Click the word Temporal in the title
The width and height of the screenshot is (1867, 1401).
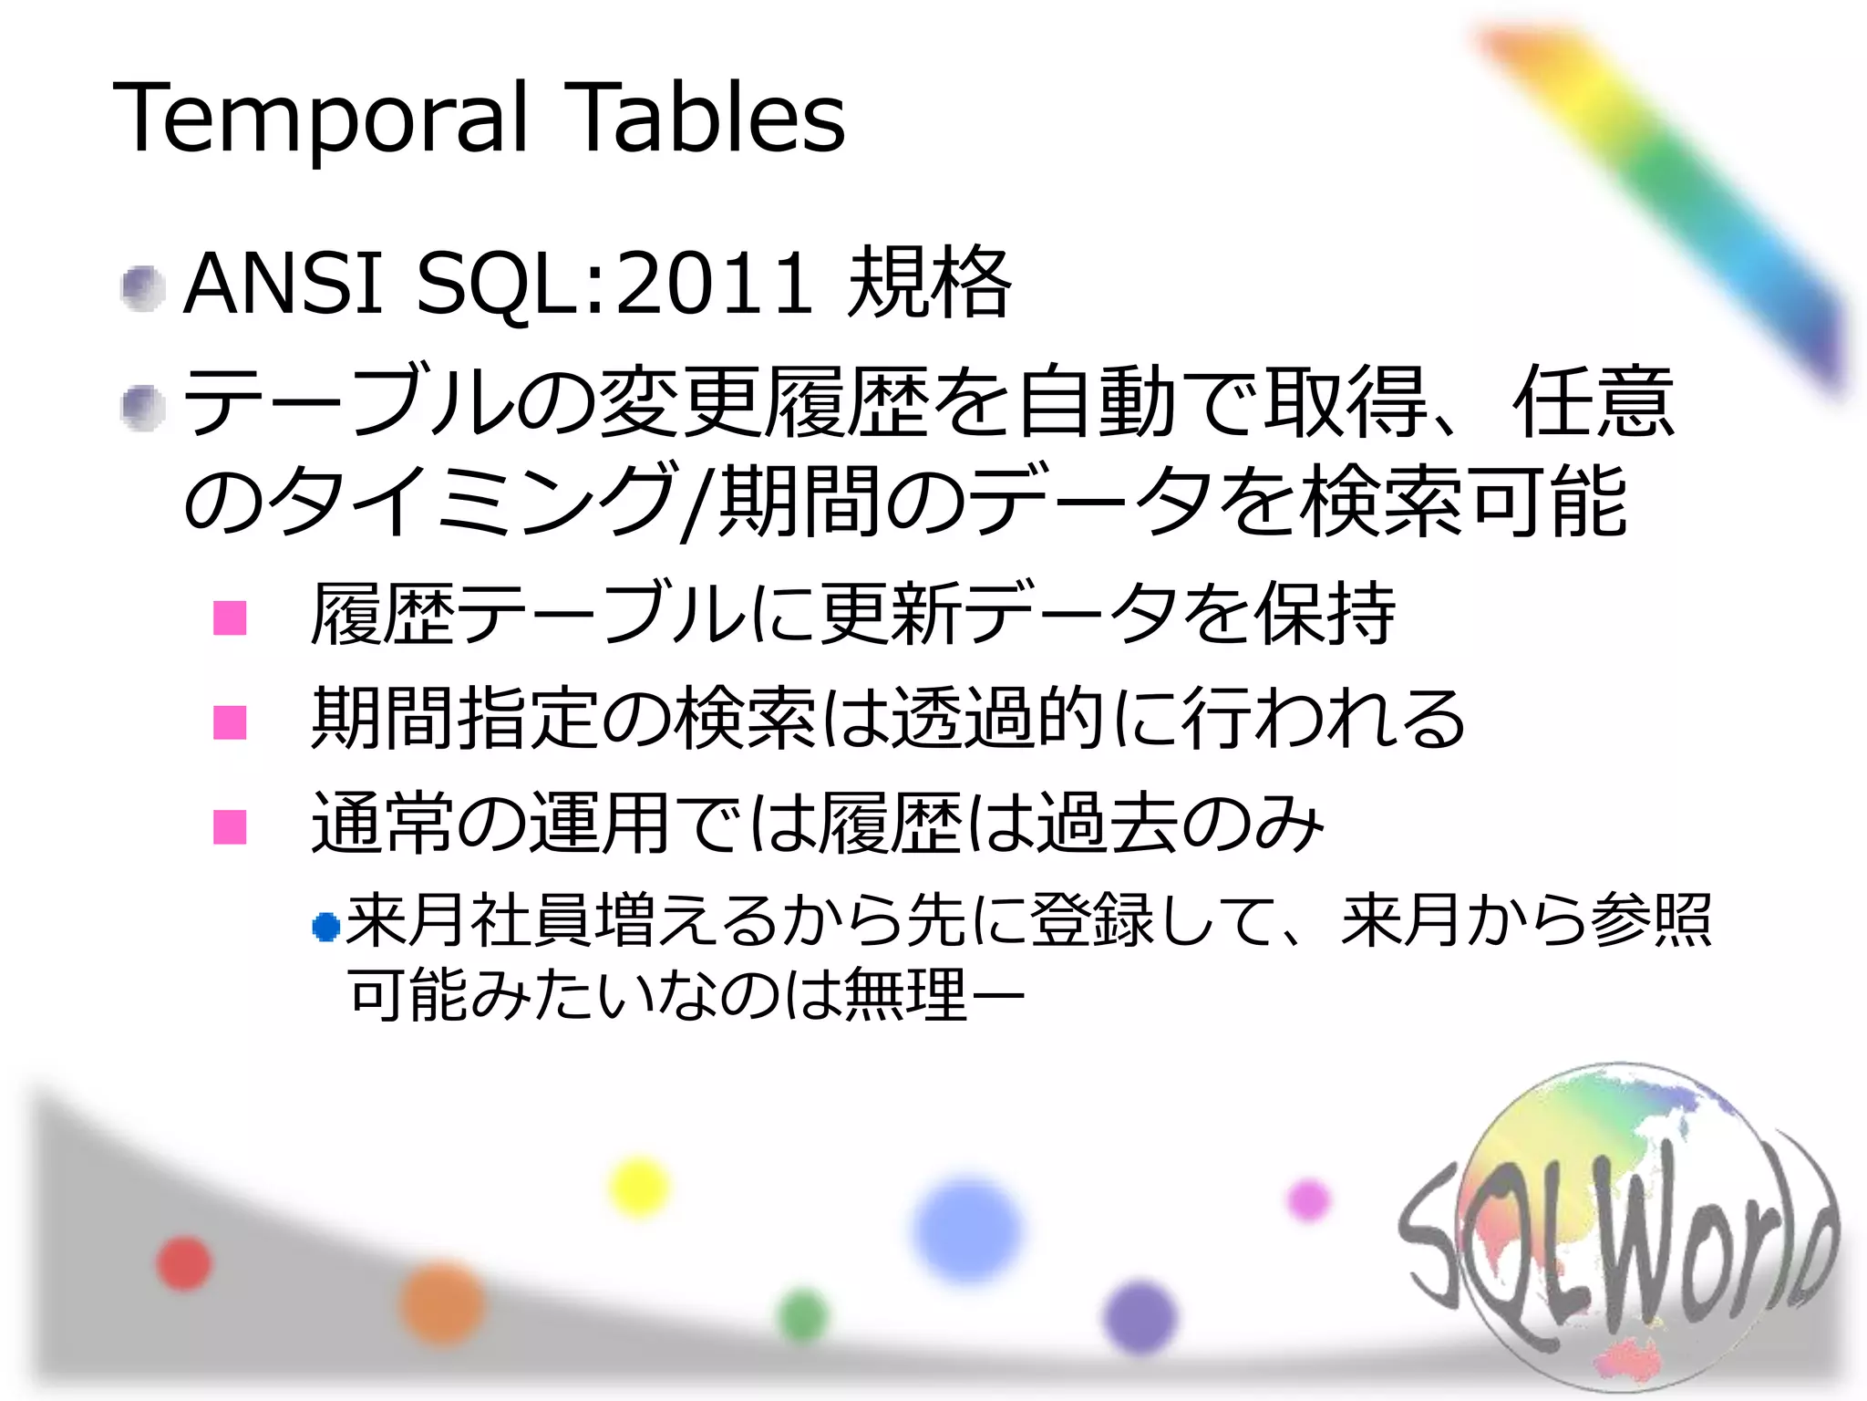(319, 119)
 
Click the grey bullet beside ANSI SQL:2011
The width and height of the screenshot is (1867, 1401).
(143, 288)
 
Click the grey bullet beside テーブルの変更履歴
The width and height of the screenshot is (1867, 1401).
(143, 407)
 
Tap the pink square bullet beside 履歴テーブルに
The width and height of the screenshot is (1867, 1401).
(230, 617)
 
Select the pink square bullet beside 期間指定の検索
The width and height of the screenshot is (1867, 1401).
(230, 722)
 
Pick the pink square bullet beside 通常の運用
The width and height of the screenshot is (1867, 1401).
(230, 827)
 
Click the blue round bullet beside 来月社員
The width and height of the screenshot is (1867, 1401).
(325, 928)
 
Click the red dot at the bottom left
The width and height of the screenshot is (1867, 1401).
(184, 1263)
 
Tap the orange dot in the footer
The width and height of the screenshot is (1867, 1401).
(443, 1302)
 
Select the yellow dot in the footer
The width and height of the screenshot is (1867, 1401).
(639, 1186)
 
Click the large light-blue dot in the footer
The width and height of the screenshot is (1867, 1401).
(967, 1230)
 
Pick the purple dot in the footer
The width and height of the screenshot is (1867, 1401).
(1140, 1317)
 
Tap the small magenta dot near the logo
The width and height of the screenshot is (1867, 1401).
(1309, 1199)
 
